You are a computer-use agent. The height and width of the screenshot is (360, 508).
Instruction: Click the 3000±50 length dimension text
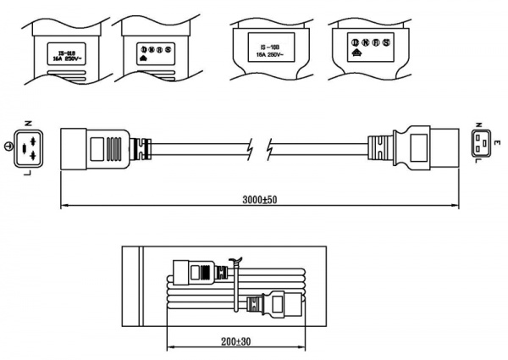[x=259, y=199]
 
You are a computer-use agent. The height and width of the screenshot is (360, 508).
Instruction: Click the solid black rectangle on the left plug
[x=112, y=147]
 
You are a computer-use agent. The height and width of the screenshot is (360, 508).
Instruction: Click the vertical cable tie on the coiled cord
[x=234, y=284]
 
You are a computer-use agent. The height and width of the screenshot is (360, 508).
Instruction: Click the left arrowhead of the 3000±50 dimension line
[x=64, y=206]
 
